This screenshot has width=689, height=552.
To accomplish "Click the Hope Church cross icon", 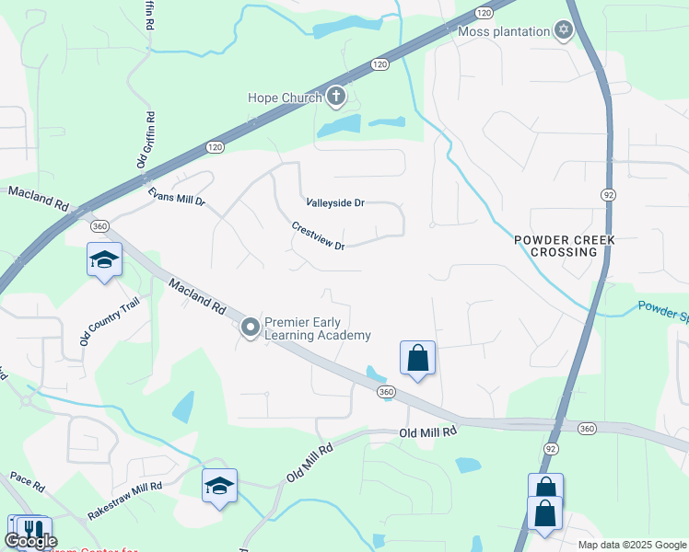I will pos(336,97).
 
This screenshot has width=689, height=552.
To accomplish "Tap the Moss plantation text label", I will pos(504,31).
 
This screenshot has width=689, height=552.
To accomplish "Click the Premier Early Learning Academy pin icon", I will pos(250,328).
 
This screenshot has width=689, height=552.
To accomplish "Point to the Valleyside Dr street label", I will pos(335,202).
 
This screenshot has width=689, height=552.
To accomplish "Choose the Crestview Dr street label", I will pos(318,236).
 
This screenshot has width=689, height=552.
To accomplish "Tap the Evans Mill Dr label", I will pos(176,194).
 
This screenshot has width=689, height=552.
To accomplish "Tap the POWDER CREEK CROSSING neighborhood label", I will pos(564,246).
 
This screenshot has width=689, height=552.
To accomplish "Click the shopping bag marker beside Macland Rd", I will pos(417,358).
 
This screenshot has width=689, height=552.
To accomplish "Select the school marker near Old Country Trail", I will pos(104,260).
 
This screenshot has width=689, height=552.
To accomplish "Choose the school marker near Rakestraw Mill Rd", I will pos(219,486).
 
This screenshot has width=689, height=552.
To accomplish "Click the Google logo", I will pos(30,542).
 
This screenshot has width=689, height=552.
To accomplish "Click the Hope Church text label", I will pos(285,98).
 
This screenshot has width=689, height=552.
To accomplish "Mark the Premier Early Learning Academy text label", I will pos(318,328).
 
